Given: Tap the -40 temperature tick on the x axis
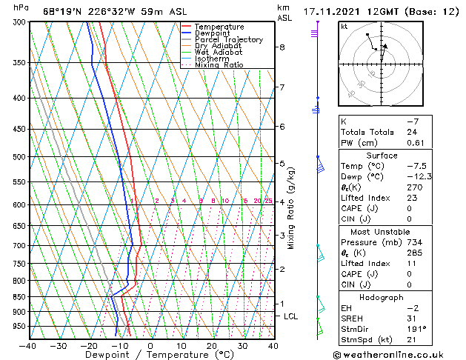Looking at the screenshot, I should (x=28, y=345).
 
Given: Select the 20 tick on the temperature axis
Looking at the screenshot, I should (x=211, y=345).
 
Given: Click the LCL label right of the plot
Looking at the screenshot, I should (x=291, y=316).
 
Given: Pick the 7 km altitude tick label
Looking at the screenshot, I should (x=282, y=87).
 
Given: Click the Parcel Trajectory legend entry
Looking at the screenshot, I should (x=228, y=40).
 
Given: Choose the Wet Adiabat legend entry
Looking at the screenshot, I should (x=219, y=53).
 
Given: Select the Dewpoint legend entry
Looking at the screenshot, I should (x=214, y=33).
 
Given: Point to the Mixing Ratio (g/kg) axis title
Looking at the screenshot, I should (x=291, y=208).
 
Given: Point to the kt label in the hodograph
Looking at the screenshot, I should (x=344, y=26).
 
